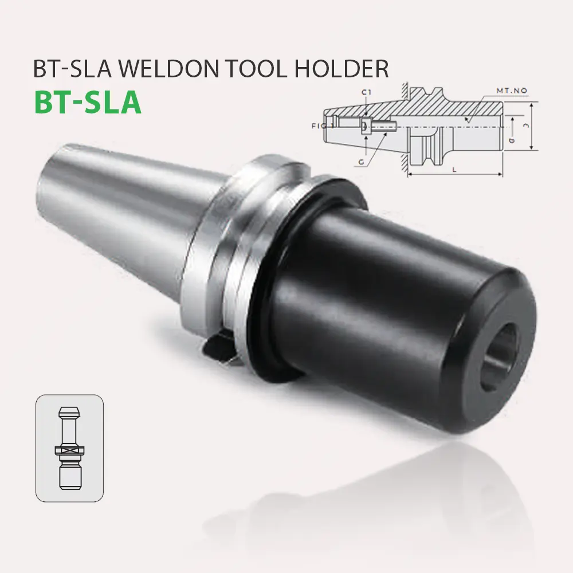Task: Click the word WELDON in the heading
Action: coord(160,69)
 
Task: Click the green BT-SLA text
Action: coord(88,101)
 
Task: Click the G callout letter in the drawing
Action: coord(361,162)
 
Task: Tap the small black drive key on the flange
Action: coord(218,350)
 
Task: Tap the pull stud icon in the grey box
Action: coord(69,446)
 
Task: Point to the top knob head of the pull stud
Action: coord(69,413)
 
